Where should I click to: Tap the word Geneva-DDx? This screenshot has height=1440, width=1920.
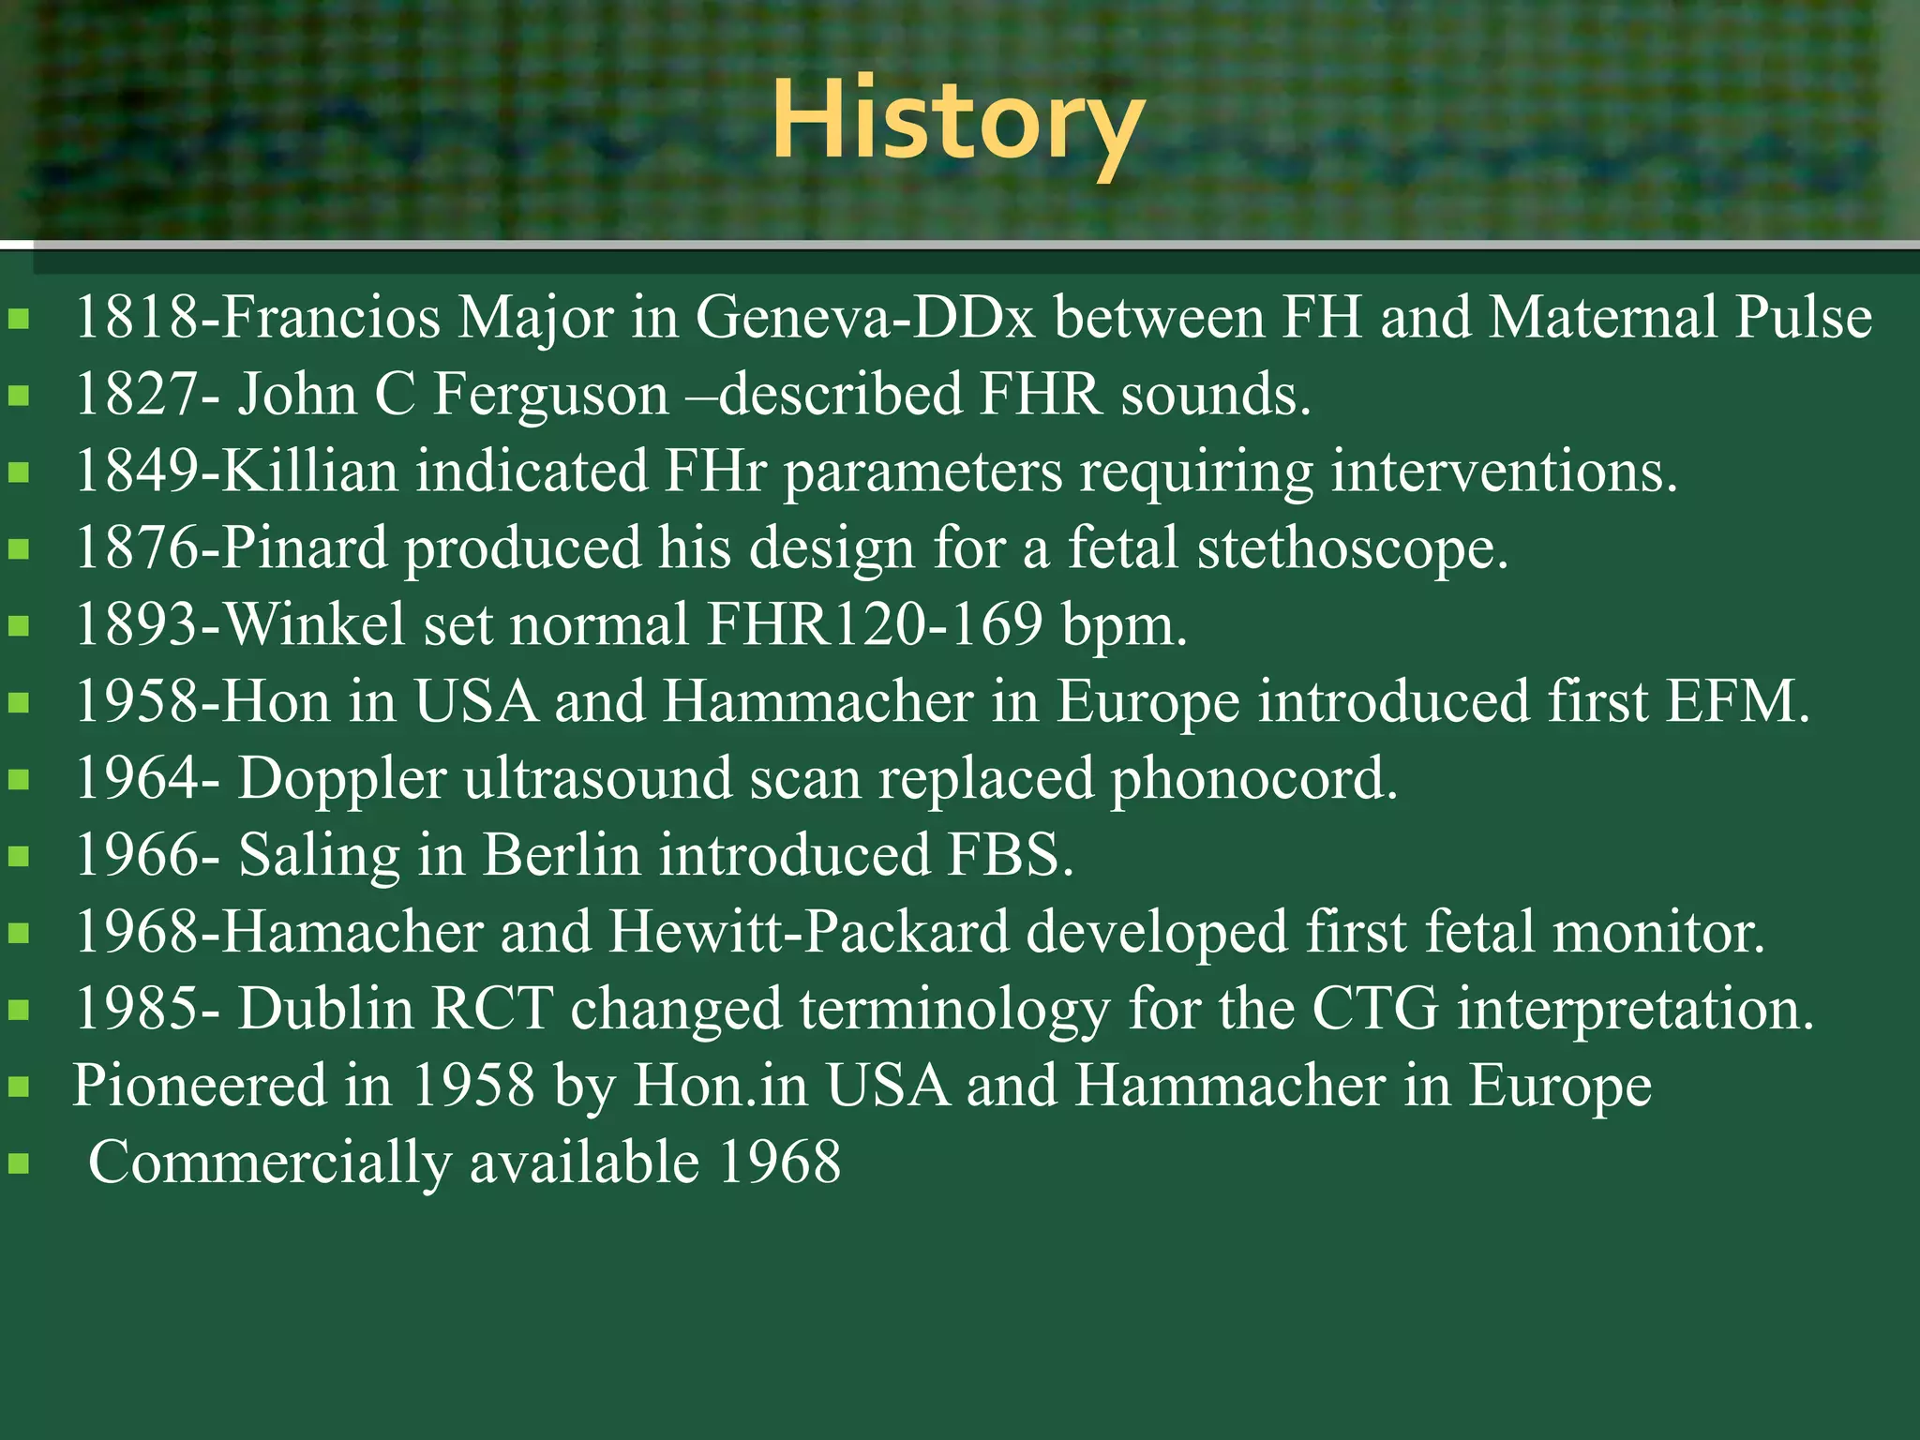[864, 317]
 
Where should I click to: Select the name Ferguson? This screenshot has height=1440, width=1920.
[551, 394]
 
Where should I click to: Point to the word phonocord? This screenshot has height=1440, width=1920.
[1253, 779]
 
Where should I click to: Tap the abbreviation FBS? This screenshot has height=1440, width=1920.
[1010, 855]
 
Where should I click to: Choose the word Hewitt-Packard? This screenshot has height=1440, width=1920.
[808, 932]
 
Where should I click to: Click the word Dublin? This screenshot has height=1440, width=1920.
[325, 1009]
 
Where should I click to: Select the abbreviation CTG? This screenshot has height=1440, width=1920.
[1375, 1009]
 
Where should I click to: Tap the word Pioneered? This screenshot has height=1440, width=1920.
[199, 1086]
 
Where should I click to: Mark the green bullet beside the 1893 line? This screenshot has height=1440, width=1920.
[19, 626]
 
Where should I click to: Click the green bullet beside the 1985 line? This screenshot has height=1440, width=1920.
[19, 1011]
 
